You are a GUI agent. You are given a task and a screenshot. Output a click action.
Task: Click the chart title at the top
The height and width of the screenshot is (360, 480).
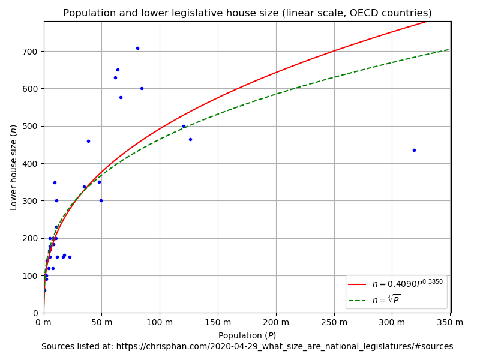point(247,13)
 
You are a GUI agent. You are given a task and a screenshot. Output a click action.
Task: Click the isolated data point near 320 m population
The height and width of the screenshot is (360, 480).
point(414,150)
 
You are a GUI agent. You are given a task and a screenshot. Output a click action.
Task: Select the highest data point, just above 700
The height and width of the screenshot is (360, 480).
point(137,48)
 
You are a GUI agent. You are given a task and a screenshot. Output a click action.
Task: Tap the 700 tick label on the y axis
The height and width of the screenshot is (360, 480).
point(31,52)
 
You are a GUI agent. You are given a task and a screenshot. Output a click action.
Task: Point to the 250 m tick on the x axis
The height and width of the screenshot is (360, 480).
point(334,323)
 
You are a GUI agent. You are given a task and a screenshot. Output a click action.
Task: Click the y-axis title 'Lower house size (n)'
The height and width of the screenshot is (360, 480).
point(14,167)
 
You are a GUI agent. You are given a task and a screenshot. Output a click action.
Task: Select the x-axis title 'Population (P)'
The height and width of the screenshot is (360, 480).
point(247,335)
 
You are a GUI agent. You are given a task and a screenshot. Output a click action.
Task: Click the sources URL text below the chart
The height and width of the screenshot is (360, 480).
point(247,347)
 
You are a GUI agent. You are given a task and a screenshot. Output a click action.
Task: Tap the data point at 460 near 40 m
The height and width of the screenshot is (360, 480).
point(88,141)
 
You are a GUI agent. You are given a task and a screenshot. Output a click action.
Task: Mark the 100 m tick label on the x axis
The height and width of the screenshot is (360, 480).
point(160,323)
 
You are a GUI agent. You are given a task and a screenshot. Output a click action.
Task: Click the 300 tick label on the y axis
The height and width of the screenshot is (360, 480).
point(31,201)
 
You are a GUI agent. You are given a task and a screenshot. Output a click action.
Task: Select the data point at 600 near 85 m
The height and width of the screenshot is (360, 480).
point(142,88)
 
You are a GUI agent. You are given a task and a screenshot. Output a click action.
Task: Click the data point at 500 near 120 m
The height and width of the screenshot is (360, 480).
point(184,126)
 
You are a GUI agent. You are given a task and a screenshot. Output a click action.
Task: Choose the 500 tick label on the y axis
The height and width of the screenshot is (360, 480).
point(31,126)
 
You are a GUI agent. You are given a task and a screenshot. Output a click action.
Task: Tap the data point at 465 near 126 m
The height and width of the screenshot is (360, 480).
point(190,139)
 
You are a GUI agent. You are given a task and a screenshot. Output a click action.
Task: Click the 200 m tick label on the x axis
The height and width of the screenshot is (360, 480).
point(275,323)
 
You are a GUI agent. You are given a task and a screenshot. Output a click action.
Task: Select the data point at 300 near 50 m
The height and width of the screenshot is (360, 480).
point(101,200)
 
